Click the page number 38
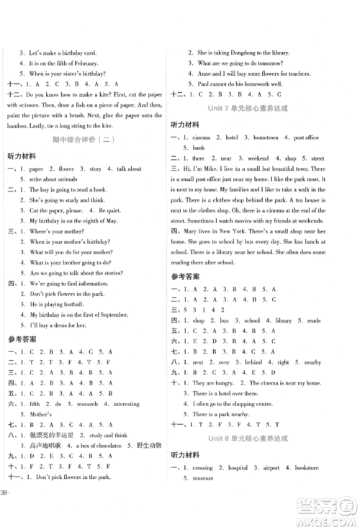[6, 513]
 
